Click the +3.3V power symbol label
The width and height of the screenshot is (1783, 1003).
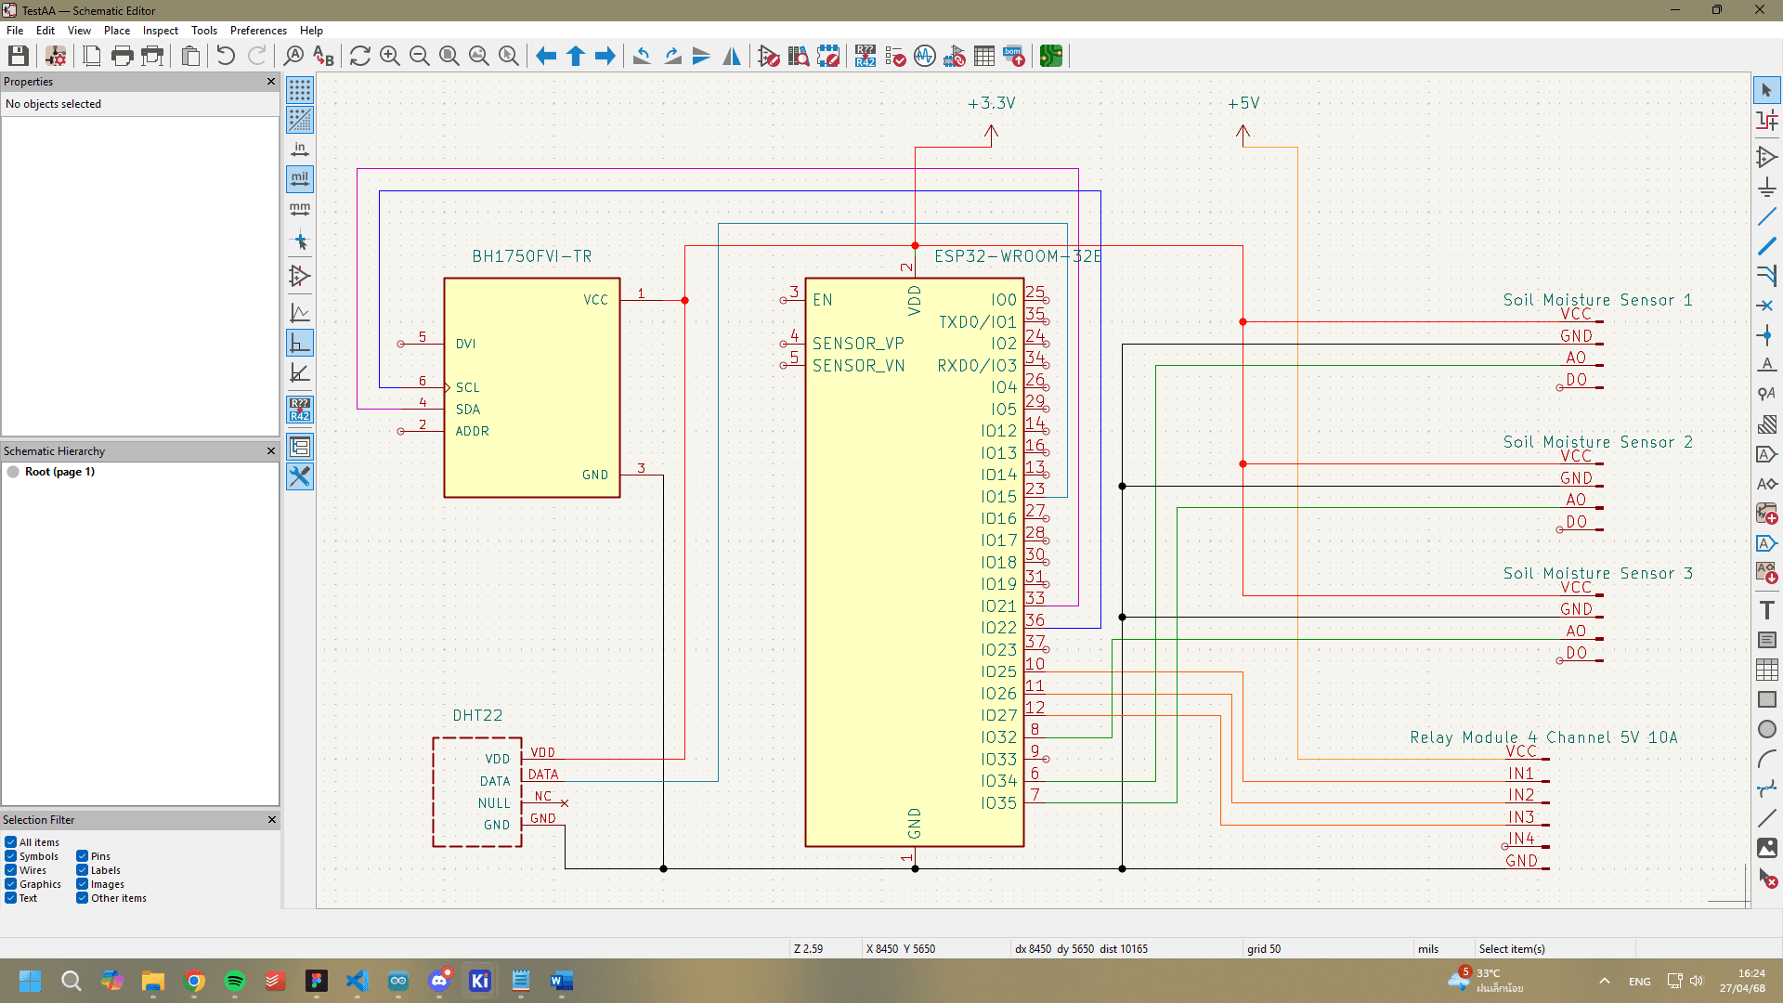pyautogui.click(x=991, y=103)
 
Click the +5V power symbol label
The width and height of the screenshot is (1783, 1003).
pyautogui.click(x=1243, y=103)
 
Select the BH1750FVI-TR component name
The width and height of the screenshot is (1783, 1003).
pyautogui.click(x=531, y=256)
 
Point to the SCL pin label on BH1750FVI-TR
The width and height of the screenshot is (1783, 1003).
pyautogui.click(x=467, y=387)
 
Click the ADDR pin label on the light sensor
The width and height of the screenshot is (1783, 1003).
pyautogui.click(x=472, y=431)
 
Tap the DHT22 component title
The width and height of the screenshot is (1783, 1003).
pyautogui.click(x=477, y=715)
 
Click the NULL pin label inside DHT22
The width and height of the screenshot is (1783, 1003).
pyautogui.click(x=494, y=803)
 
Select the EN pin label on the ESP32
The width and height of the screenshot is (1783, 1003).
pyautogui.click(x=823, y=300)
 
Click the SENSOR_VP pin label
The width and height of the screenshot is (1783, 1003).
pyautogui.click(x=858, y=344)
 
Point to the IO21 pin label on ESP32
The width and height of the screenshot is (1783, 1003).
pyautogui.click(x=998, y=606)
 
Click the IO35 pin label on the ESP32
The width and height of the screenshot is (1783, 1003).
pyautogui.click(x=998, y=803)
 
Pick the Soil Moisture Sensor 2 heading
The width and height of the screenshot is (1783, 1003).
pyautogui.click(x=1597, y=442)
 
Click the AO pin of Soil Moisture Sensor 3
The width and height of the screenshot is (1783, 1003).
pyautogui.click(x=1576, y=632)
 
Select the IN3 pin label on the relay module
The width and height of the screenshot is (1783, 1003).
pyautogui.click(x=1520, y=817)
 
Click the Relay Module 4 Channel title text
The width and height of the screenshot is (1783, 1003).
pyautogui.click(x=1543, y=737)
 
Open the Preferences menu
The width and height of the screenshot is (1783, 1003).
pyautogui.click(x=258, y=31)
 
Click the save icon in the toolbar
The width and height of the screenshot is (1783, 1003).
pyautogui.click(x=18, y=56)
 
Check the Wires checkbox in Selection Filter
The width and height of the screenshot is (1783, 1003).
pyautogui.click(x=11, y=870)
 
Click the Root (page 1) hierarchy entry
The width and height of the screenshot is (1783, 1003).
pyautogui.click(x=59, y=472)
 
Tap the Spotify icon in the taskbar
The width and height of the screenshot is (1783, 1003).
pyautogui.click(x=235, y=981)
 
